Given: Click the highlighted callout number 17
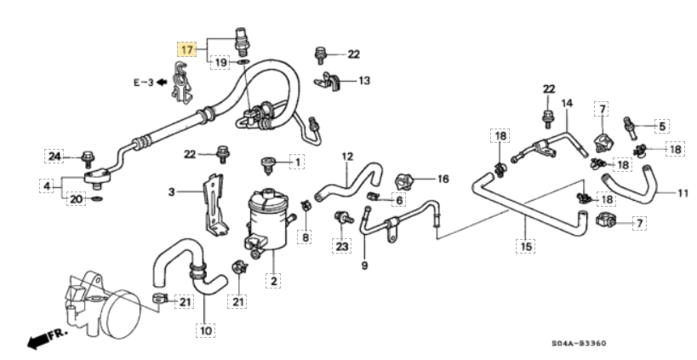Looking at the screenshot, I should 186,49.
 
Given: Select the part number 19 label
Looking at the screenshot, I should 220,63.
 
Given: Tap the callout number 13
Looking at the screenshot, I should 364,81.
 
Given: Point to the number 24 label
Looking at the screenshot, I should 54,156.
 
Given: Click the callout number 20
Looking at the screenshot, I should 77,199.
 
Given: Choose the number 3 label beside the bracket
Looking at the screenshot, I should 171,192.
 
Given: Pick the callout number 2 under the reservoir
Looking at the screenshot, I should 274,280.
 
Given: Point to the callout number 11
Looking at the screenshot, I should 683,193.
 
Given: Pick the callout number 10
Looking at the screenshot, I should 204,328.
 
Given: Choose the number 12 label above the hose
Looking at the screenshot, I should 347,156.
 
